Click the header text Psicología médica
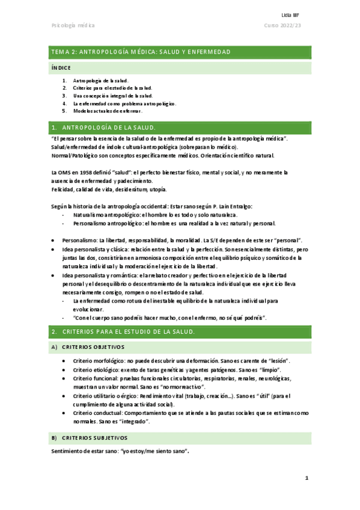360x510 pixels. [74, 25]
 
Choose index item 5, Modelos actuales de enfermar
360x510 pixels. [107, 111]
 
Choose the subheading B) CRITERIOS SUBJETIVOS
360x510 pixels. [93, 437]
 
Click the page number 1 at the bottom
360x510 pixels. [306, 478]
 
